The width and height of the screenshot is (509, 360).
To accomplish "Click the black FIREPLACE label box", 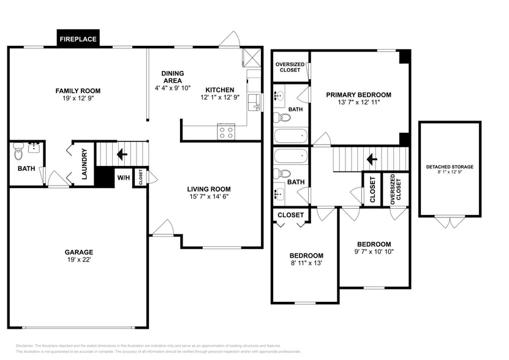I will (78, 39).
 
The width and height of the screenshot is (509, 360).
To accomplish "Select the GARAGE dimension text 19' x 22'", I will (79, 260).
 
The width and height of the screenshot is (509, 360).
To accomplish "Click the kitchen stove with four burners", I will (226, 131).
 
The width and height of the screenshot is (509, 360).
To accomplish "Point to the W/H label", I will (123, 178).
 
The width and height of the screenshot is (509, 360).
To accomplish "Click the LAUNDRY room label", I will (84, 163).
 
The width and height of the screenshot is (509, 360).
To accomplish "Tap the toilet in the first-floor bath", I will (18, 149).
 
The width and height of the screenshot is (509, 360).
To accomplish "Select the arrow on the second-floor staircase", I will (371, 160).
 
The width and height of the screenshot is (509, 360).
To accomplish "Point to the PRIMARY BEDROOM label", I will (358, 94).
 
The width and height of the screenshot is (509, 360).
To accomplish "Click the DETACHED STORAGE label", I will (450, 167).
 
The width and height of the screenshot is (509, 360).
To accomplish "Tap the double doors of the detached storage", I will (450, 222).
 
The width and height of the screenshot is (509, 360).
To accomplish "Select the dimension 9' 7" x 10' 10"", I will (374, 251).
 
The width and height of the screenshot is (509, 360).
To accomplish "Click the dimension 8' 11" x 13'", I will (306, 263).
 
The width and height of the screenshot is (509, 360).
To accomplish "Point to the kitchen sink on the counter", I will (254, 101).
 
